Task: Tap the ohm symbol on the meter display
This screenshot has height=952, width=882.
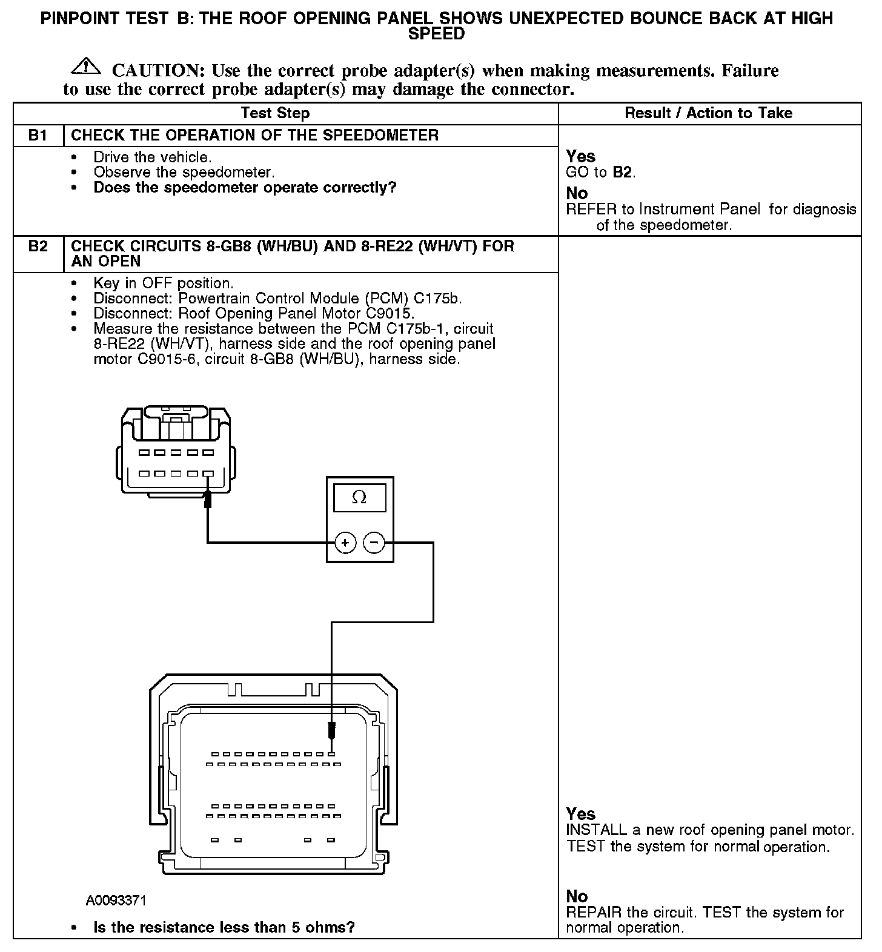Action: tap(359, 498)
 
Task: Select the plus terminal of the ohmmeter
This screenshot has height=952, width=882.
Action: tap(345, 543)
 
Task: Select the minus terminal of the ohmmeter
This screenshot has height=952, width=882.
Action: tap(374, 543)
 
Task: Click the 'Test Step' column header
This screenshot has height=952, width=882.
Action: tap(275, 113)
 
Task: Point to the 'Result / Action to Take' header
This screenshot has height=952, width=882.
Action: tap(708, 113)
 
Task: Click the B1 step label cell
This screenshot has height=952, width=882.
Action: tap(38, 135)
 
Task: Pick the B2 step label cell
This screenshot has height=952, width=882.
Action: tap(38, 246)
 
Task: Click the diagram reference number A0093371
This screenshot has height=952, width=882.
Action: tap(116, 901)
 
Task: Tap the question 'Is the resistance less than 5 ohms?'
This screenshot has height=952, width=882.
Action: tap(224, 927)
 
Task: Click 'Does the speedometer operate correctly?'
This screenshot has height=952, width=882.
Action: tap(245, 187)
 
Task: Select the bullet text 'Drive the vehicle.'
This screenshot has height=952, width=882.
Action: tap(152, 157)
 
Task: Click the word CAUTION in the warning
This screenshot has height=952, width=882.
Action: tap(155, 71)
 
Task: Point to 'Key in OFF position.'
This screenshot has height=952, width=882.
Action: tap(163, 283)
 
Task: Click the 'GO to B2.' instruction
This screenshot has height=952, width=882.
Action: tap(600, 172)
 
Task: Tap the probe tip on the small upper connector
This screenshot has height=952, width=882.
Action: tap(208, 499)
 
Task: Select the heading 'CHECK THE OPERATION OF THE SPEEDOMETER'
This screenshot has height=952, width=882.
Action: tap(254, 135)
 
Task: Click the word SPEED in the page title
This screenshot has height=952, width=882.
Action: tap(436, 34)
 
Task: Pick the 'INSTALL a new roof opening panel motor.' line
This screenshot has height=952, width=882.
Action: tap(709, 830)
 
